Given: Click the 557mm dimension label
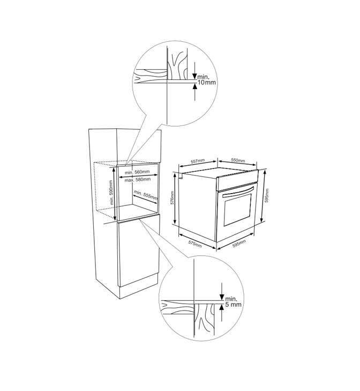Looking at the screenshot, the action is click(198, 161).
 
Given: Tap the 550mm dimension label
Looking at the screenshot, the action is click(238, 160).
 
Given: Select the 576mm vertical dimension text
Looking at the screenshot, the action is click(172, 198).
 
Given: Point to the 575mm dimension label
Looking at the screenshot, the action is click(195, 244).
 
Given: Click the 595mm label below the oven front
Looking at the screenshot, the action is click(239, 244).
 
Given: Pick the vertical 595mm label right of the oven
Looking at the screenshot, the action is click(267, 195).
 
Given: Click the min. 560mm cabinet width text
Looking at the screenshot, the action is click(137, 172).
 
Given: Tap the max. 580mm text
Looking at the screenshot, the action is click(138, 180).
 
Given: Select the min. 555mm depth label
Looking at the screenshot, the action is click(146, 195).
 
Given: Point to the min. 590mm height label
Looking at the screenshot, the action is click(111, 192).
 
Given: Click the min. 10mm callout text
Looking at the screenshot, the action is click(207, 79).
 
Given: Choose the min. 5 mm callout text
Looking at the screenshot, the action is click(233, 301).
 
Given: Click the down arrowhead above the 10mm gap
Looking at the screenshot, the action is click(195, 76).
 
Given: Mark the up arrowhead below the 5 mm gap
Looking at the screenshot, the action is click(221, 307).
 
